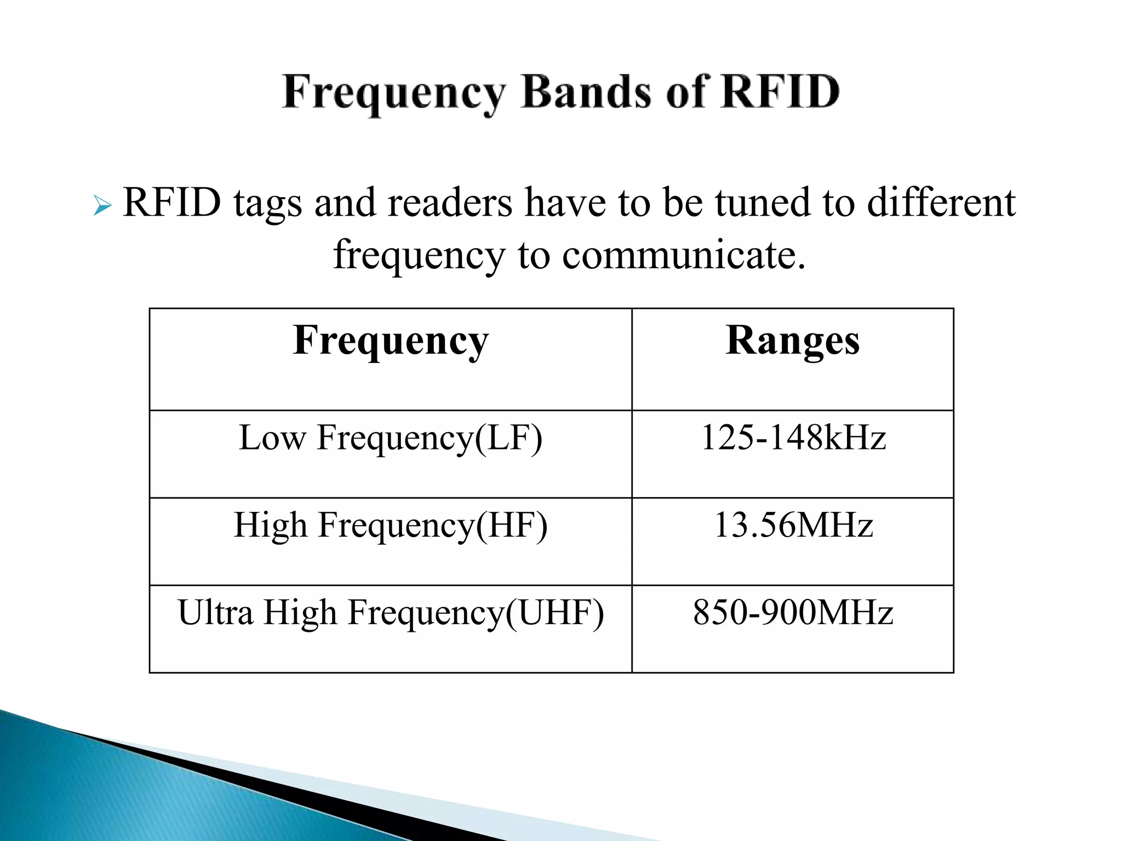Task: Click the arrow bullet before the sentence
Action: pyautogui.click(x=102, y=206)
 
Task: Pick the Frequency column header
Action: pyautogui.click(x=390, y=341)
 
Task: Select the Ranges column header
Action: pyautogui.click(x=792, y=341)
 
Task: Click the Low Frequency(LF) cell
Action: pyautogui.click(x=390, y=438)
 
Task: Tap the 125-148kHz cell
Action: pyautogui.click(x=793, y=438)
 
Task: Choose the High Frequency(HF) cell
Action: pyautogui.click(x=390, y=526)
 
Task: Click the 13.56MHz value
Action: pyautogui.click(x=793, y=526)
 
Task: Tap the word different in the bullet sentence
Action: pyautogui.click(x=941, y=203)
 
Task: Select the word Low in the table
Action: pyautogui.click(x=272, y=438)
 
